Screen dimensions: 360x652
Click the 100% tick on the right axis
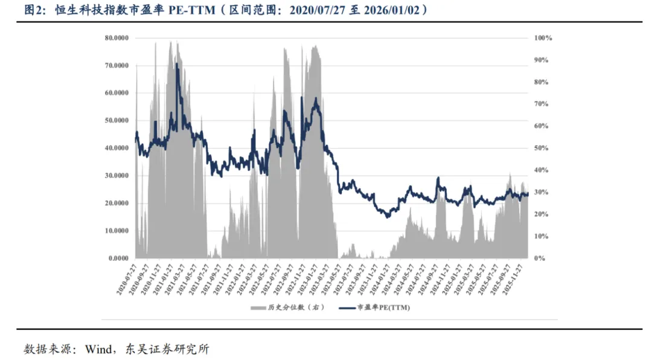[x=543, y=37]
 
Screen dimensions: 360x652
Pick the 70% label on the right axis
[x=542, y=104]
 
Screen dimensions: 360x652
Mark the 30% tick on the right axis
[x=542, y=192]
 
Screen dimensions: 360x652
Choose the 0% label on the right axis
[x=540, y=258]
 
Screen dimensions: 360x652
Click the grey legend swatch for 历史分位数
[x=257, y=307]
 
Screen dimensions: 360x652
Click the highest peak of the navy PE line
[x=177, y=63]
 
